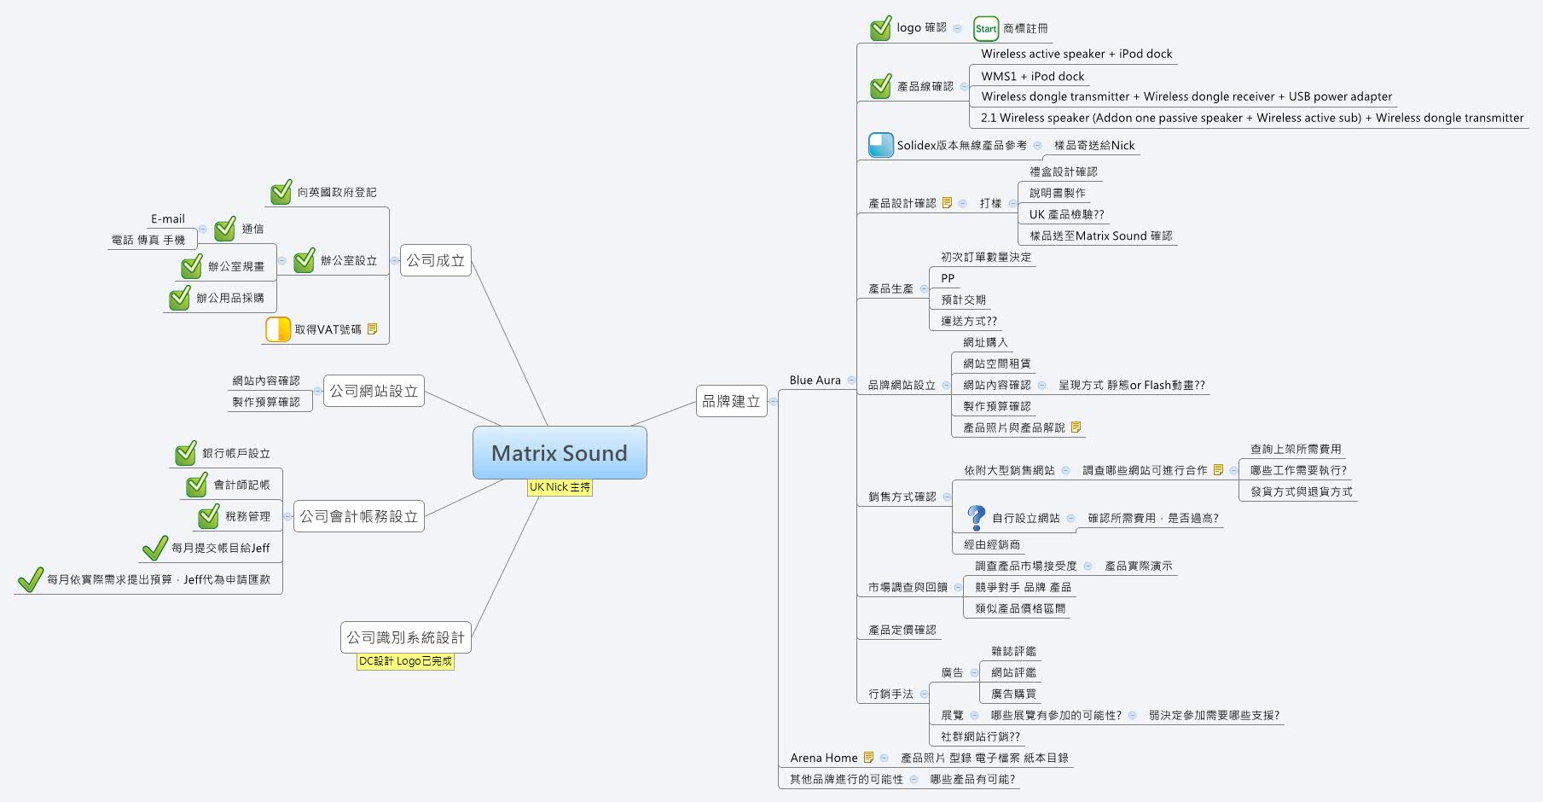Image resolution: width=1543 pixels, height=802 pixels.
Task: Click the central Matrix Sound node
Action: [560, 453]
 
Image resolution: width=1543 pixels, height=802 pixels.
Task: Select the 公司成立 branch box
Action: [435, 260]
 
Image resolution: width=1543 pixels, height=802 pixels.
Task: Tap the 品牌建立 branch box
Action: [731, 401]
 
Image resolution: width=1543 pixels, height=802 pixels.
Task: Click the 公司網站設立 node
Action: [374, 391]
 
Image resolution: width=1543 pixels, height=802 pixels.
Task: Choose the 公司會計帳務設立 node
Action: [358, 516]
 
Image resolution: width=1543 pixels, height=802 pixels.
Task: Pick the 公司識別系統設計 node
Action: [405, 637]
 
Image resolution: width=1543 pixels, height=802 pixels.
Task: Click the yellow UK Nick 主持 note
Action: [560, 487]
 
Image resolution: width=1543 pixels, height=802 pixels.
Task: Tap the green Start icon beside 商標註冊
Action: [985, 29]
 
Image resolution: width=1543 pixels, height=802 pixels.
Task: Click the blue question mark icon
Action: [977, 517]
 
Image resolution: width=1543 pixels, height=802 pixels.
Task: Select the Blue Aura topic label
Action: [815, 381]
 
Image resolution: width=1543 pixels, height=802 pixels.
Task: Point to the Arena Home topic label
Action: [823, 758]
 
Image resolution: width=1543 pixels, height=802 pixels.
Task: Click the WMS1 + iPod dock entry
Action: [1032, 76]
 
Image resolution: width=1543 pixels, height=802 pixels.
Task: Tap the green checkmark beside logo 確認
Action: [880, 29]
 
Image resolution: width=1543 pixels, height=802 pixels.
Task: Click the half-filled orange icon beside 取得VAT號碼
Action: [278, 329]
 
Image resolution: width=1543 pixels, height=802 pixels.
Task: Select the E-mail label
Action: [167, 219]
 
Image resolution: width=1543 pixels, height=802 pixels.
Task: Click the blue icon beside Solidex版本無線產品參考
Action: [880, 145]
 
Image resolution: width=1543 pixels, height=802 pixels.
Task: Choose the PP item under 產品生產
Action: [948, 278]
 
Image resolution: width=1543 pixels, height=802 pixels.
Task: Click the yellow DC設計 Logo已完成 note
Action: [405, 661]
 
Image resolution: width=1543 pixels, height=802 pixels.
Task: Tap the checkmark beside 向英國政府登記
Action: [281, 193]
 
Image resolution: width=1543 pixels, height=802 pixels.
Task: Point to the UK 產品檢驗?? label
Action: [1066, 214]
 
